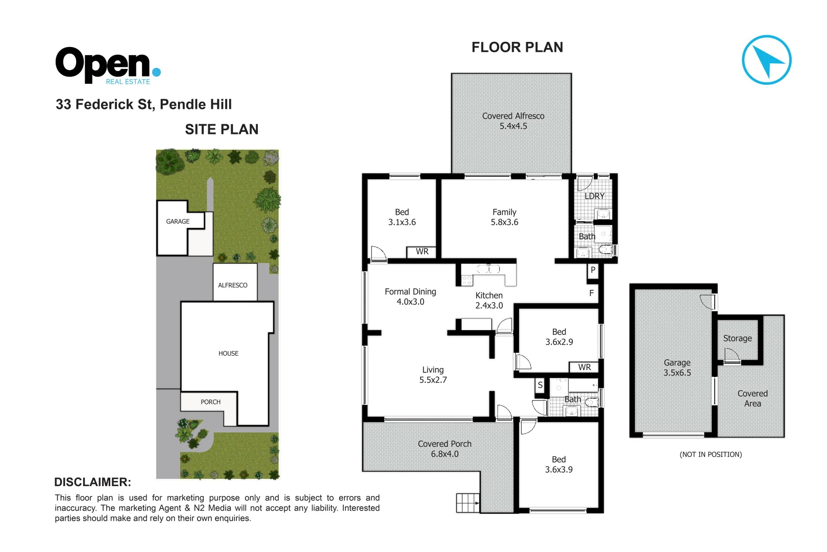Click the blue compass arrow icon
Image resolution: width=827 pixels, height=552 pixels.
pyautogui.click(x=766, y=60)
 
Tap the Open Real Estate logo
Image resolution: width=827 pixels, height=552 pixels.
pyautogui.click(x=108, y=65)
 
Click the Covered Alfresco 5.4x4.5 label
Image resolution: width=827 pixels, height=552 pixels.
pyautogui.click(x=513, y=121)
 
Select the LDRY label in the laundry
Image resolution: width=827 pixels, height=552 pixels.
pyautogui.click(x=594, y=196)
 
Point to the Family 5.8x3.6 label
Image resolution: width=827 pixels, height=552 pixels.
pyautogui.click(x=504, y=217)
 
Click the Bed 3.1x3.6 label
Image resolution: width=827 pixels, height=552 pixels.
pyautogui.click(x=402, y=217)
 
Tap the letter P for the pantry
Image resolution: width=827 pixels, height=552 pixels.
pyautogui.click(x=593, y=270)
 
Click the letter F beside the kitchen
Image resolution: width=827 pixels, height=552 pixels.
pyautogui.click(x=591, y=293)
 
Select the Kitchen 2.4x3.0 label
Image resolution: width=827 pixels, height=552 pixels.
pyautogui.click(x=489, y=301)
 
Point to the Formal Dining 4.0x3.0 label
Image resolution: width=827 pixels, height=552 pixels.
pyautogui.click(x=410, y=296)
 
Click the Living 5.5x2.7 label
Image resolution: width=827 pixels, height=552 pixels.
pyautogui.click(x=433, y=375)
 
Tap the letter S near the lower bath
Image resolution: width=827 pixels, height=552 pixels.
pyautogui.click(x=540, y=385)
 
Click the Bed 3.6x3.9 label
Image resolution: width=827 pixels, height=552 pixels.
pyautogui.click(x=558, y=465)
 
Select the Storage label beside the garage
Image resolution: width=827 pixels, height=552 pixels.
pyautogui.click(x=737, y=338)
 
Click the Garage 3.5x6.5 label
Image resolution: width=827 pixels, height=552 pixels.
pyautogui.click(x=677, y=367)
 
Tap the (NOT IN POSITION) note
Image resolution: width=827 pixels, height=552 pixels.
pyautogui.click(x=711, y=454)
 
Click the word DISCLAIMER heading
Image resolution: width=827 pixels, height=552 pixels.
pyautogui.click(x=92, y=482)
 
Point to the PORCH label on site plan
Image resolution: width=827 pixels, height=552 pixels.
pyautogui.click(x=210, y=402)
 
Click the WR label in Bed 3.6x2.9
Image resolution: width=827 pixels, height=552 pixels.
pyautogui.click(x=585, y=367)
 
